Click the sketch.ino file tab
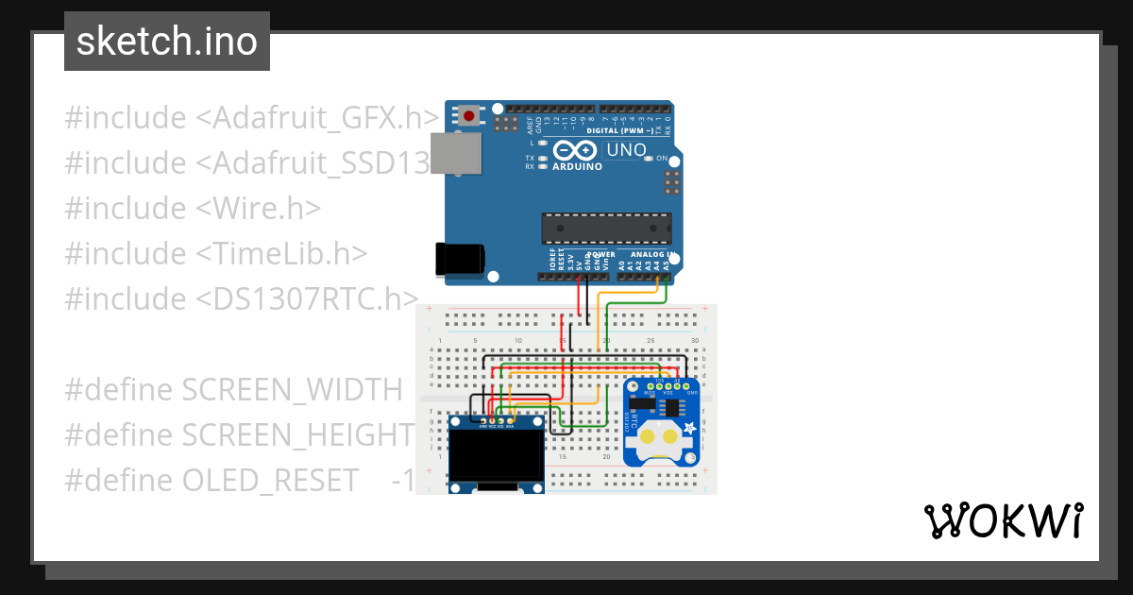point(167,42)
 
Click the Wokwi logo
point(1003,520)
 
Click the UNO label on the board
point(625,150)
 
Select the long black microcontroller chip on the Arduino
point(606,229)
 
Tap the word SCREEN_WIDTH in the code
point(292,389)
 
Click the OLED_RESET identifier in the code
point(271,480)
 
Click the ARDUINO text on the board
point(577,166)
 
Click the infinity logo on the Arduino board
point(575,150)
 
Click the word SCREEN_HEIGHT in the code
point(297,434)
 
